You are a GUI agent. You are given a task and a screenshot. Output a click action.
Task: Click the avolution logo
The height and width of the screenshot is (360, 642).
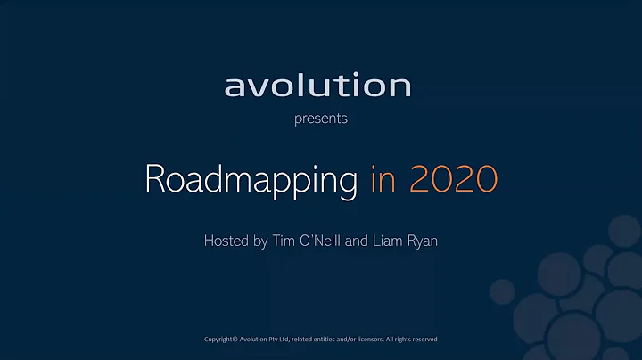tap(317, 86)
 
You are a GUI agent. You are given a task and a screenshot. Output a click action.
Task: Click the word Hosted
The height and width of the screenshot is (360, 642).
tap(226, 241)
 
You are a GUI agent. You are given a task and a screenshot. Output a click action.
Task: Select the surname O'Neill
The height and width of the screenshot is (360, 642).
tap(331, 241)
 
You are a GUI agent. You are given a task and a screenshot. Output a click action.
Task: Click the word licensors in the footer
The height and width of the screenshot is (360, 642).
tap(362, 340)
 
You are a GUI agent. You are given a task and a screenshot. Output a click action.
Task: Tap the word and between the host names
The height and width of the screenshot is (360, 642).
tap(370, 241)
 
